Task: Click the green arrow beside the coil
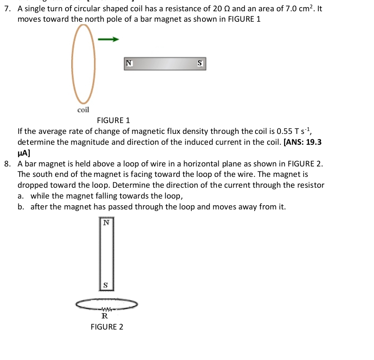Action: [108, 39]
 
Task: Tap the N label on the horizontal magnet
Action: [129, 63]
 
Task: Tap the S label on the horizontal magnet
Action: [200, 63]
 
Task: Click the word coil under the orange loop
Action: [83, 110]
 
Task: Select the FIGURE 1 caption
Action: [114, 121]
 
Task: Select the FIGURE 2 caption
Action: [107, 327]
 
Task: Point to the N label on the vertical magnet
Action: [106, 223]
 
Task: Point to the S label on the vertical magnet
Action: [106, 285]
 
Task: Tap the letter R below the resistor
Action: [105, 316]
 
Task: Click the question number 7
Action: [8, 9]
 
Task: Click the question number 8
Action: [8, 164]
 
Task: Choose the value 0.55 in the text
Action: [284, 131]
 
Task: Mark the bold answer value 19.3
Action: [314, 142]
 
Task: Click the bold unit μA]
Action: [24, 153]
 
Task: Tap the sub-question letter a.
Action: [20, 196]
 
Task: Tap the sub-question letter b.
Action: [21, 207]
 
